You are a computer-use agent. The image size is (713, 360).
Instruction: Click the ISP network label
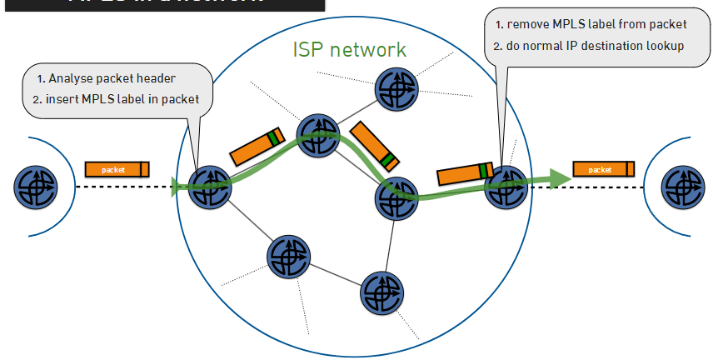pyautogui.click(x=349, y=48)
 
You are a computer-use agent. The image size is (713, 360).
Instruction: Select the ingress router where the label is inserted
pyautogui.click(x=208, y=186)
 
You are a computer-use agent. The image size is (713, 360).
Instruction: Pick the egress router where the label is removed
pyautogui.click(x=506, y=185)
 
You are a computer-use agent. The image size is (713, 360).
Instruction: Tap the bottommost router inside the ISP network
pyautogui.click(x=381, y=290)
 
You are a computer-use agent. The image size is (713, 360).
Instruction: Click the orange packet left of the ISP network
pyautogui.click(x=117, y=169)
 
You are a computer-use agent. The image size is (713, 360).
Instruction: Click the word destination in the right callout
pyautogui.click(x=613, y=46)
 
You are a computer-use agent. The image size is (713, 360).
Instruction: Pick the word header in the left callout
pyautogui.click(x=157, y=80)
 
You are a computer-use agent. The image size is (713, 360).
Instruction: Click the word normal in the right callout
pyautogui.click(x=546, y=46)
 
